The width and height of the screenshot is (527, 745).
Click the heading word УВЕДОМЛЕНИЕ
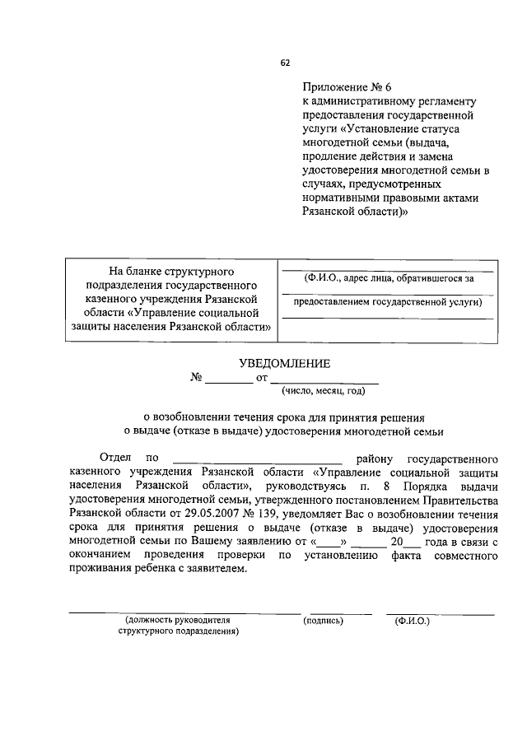284,363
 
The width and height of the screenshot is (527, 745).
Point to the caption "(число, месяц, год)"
323,391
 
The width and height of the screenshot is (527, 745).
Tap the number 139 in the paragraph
294,511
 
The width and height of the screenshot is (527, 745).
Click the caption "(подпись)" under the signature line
323,620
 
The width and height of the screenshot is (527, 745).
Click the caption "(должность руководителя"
177,620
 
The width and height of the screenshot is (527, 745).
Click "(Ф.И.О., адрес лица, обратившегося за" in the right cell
388,277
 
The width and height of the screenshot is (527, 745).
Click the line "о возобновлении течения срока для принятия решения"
284,417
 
